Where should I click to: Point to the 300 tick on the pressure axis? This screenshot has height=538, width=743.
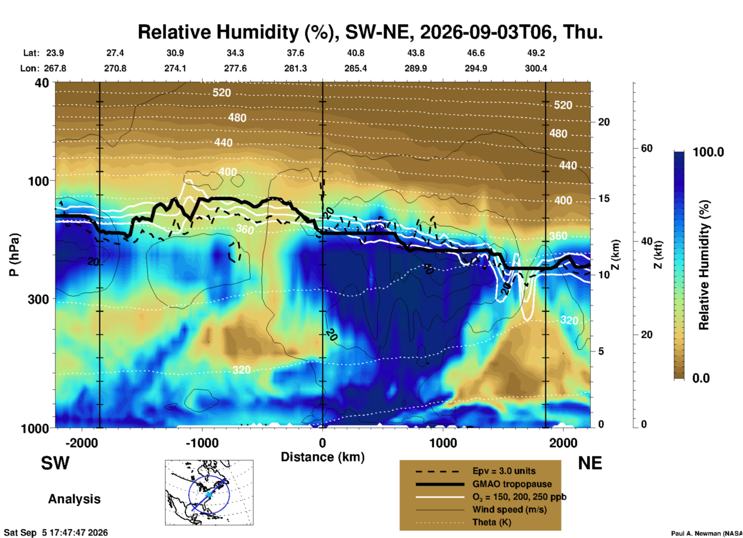pos(39,299)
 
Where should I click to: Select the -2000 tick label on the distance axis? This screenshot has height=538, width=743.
pos(81,443)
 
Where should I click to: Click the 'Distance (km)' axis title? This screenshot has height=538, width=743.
pos(323,457)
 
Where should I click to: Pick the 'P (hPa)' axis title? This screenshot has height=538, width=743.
pos(14,255)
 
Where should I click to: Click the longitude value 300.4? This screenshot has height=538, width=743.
pos(536,68)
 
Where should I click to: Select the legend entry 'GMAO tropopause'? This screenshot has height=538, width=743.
pos(512,484)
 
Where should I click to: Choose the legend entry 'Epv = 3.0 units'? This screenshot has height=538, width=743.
pos(504,471)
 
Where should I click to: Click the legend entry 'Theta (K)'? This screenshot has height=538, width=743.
pos(491,522)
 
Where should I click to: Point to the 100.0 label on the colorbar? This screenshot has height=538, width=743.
pos(708,152)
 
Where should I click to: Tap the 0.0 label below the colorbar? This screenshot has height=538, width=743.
pos(701,378)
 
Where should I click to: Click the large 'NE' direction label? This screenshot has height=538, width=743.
pos(590,463)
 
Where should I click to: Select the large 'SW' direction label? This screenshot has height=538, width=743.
pos(55,463)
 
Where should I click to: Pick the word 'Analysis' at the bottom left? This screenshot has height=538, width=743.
pos(74,499)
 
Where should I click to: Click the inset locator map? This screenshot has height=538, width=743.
pos(209,492)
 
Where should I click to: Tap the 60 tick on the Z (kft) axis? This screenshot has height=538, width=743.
pos(647,148)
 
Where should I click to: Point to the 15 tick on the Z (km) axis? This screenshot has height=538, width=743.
pos(604,198)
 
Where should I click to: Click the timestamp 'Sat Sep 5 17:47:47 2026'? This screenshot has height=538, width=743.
pos(56,533)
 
